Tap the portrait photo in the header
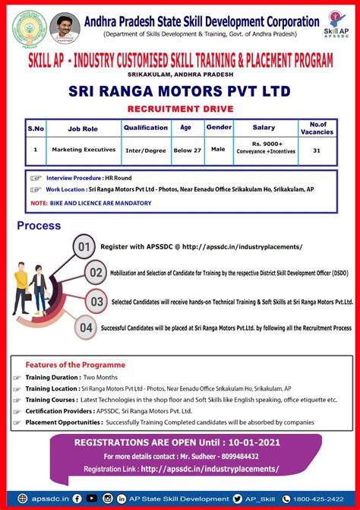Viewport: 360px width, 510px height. (64, 27)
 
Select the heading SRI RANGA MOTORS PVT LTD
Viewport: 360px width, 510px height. (179, 92)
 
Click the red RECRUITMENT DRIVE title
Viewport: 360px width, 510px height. (180, 109)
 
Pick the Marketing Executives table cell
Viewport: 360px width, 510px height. (84, 150)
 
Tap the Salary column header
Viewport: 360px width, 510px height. (264, 127)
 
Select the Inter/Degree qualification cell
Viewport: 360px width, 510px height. (145, 150)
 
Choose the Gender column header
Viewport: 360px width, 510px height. (219, 127)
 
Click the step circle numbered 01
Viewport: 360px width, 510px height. (85, 247)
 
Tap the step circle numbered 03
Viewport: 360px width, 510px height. (96, 301)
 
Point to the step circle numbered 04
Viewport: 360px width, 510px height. (85, 328)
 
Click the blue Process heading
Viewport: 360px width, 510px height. (39, 226)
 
